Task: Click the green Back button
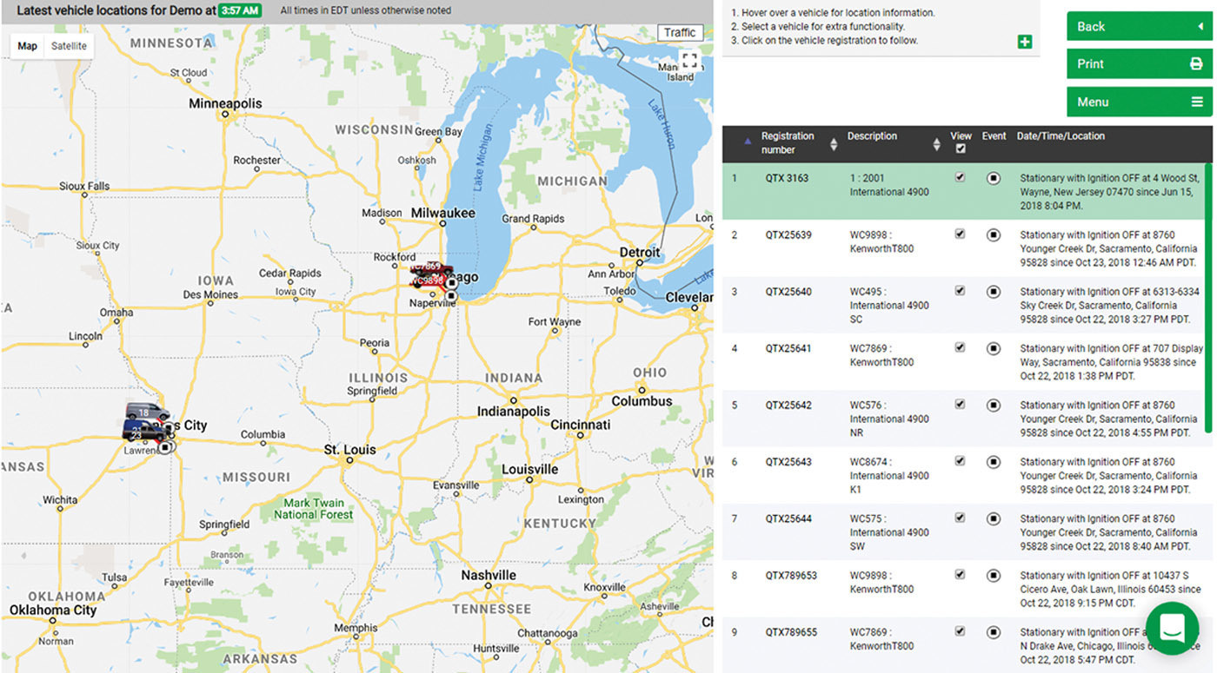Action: coord(1139,26)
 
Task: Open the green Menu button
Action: coord(1139,102)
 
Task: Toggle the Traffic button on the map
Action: coord(680,33)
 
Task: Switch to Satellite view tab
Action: coord(69,46)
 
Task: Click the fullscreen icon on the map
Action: coord(689,61)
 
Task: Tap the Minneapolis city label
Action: coord(225,103)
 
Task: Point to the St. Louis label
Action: coord(349,450)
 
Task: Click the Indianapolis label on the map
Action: coord(513,411)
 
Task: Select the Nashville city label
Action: coord(489,575)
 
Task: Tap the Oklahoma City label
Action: coord(53,610)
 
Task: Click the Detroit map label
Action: coord(640,253)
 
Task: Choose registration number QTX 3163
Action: coord(787,178)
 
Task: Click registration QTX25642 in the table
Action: coord(788,406)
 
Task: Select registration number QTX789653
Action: coord(791,576)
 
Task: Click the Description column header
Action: coord(872,136)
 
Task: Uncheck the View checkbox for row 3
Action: coord(960,291)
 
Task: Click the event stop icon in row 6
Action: coord(994,462)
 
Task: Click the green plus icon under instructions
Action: coord(1025,42)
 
